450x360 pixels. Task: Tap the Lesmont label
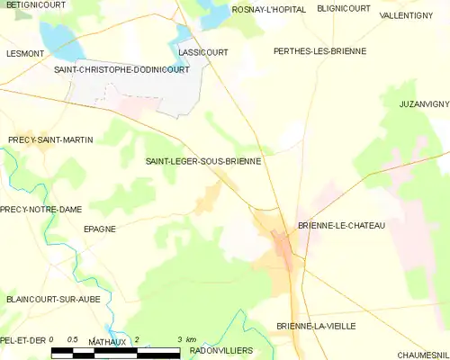click(25, 53)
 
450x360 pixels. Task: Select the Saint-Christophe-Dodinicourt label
click(121, 69)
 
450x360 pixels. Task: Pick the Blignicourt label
click(344, 9)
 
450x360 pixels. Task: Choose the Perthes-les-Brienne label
click(319, 51)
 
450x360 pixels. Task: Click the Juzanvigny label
click(424, 104)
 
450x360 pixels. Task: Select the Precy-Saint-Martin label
click(50, 139)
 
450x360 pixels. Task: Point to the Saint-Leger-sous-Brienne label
click(203, 161)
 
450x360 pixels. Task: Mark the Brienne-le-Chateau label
click(341, 225)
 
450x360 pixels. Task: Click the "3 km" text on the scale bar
click(186, 339)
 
